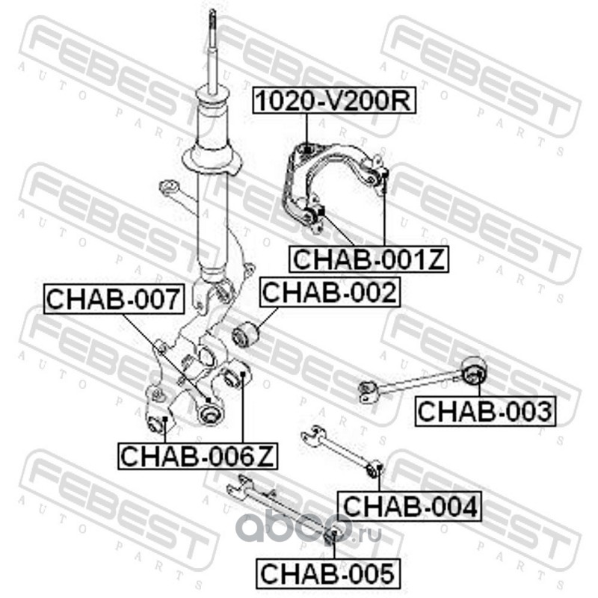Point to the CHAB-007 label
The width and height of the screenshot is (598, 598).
coord(114,299)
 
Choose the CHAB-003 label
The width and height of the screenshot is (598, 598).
coord(484,410)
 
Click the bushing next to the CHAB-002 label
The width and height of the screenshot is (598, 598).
coord(244,333)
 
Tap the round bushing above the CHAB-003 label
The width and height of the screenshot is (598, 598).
coord(472,370)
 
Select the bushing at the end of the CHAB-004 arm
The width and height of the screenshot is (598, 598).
coord(376,469)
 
